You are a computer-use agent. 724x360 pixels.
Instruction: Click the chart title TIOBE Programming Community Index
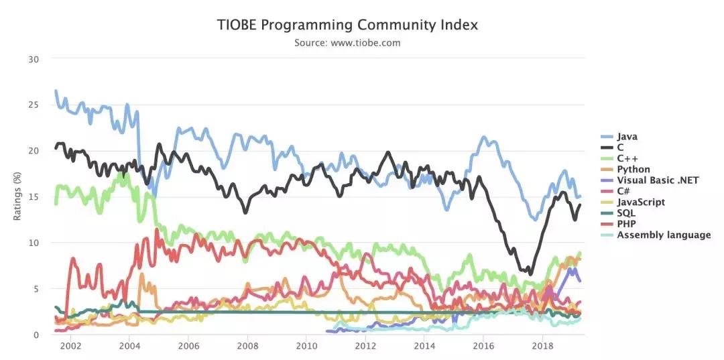[x=348, y=25]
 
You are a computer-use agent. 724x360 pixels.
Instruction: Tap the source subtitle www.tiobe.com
[x=347, y=43]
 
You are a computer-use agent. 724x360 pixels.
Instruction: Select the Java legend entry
[x=627, y=137]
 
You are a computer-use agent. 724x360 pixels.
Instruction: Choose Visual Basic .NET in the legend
[x=658, y=180]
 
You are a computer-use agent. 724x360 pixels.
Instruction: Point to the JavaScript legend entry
[x=641, y=202]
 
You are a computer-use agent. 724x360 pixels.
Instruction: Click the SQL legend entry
[x=626, y=213]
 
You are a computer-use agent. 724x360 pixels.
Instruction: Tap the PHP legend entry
[x=626, y=224]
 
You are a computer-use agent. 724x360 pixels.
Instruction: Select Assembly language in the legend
[x=664, y=235]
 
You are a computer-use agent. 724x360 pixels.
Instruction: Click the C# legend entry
[x=624, y=191]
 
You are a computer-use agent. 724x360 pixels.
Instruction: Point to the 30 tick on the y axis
[x=34, y=59]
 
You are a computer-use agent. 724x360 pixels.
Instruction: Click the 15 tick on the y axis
[x=34, y=196]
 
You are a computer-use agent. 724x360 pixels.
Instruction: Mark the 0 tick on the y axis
[x=37, y=335]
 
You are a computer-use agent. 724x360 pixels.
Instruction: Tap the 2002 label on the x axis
[x=70, y=347]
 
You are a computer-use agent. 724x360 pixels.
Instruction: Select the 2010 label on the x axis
[x=306, y=347]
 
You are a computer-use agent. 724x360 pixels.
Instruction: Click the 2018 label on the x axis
[x=542, y=347]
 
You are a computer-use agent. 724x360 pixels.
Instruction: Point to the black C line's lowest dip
[x=530, y=274]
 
